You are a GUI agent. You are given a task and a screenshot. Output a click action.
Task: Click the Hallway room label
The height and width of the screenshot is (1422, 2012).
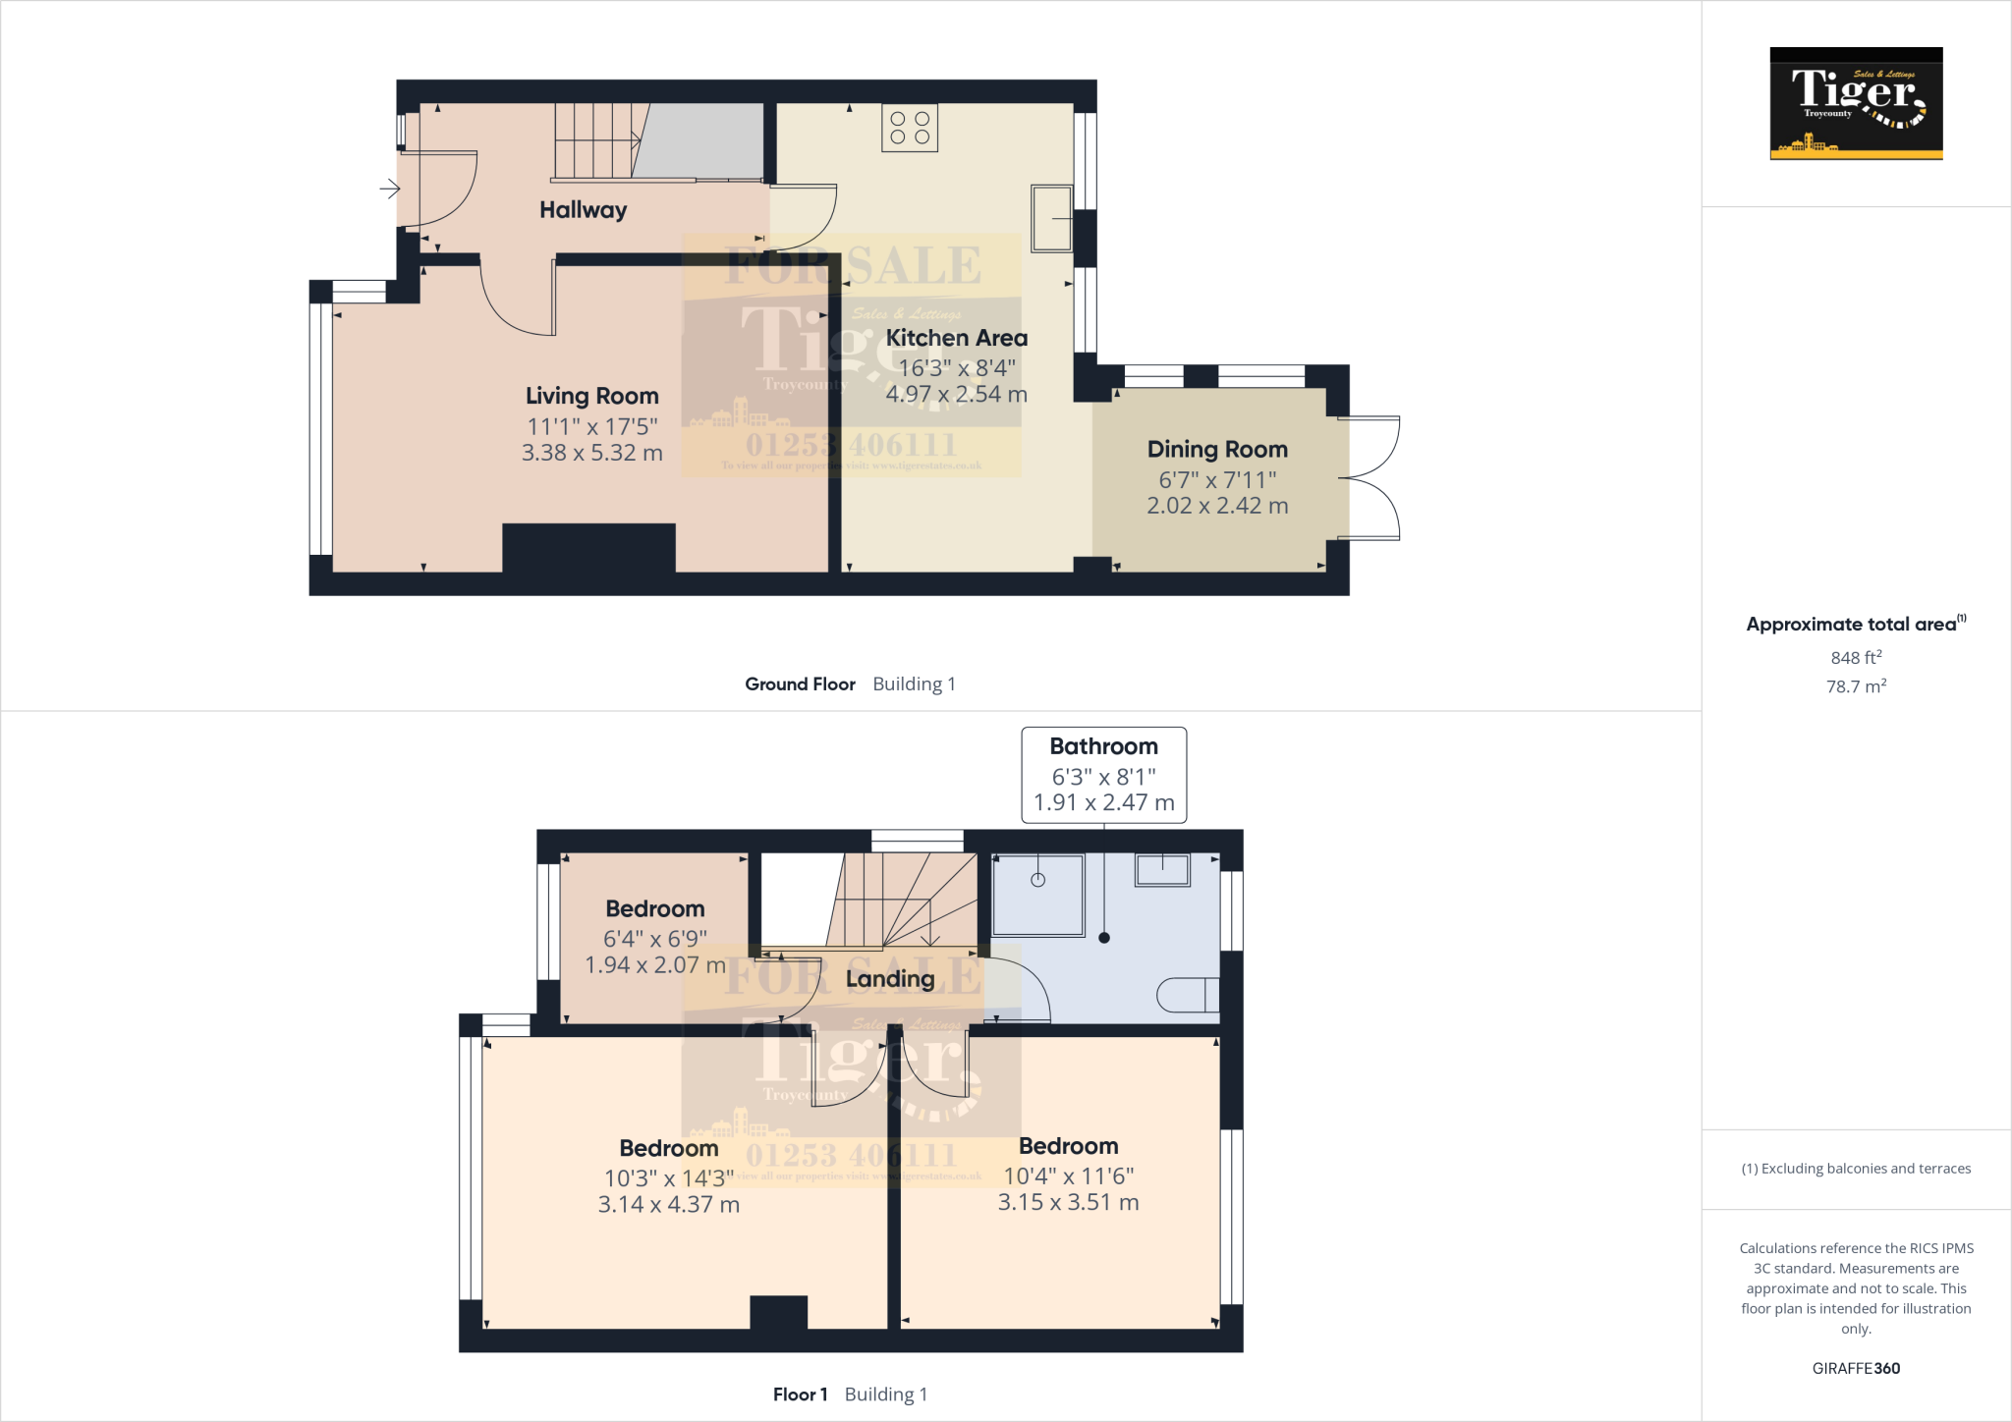pyautogui.click(x=583, y=209)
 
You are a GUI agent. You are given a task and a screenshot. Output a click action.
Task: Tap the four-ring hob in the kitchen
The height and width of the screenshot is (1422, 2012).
pyautogui.click(x=910, y=128)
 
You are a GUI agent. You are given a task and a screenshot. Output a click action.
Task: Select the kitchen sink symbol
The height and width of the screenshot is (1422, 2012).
pyautogui.click(x=1051, y=217)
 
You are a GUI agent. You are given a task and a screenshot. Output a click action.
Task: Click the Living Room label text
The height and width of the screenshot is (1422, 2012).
pyautogui.click(x=591, y=396)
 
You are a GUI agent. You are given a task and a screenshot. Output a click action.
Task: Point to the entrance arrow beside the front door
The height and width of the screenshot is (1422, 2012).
pyautogui.click(x=390, y=188)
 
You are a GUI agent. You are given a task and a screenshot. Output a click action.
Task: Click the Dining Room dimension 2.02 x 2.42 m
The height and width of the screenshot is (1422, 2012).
pyautogui.click(x=1217, y=506)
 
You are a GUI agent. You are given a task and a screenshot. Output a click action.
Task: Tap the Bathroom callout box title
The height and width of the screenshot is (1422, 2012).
pyautogui.click(x=1103, y=746)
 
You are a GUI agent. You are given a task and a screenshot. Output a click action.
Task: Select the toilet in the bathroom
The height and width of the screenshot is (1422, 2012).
pyautogui.click(x=1188, y=995)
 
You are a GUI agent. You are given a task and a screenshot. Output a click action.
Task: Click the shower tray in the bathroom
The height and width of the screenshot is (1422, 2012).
pyautogui.click(x=1037, y=895)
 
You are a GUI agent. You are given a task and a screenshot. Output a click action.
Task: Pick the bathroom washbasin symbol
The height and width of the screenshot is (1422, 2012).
pyautogui.click(x=1162, y=869)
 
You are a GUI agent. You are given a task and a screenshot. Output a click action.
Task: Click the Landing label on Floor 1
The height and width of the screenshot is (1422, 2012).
pyautogui.click(x=890, y=979)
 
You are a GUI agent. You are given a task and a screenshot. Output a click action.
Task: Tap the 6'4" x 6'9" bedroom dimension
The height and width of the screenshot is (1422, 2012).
pyautogui.click(x=654, y=939)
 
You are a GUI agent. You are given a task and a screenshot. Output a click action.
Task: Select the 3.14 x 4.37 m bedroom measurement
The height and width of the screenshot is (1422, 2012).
pyautogui.click(x=668, y=1204)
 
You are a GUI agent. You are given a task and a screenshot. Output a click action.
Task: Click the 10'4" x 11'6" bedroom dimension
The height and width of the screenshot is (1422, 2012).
pyautogui.click(x=1068, y=1176)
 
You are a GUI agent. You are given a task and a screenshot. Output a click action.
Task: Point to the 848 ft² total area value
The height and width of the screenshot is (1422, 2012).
pyautogui.click(x=1855, y=657)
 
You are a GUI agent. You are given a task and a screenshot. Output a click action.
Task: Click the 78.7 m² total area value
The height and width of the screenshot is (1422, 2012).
pyautogui.click(x=1855, y=686)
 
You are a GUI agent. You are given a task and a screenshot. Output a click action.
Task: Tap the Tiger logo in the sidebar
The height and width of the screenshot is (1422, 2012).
pyautogui.click(x=1856, y=103)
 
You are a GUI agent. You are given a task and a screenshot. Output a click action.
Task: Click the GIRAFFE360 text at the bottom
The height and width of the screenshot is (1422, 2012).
pyautogui.click(x=1856, y=1368)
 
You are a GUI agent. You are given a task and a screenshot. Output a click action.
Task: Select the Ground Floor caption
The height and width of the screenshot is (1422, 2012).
pyautogui.click(x=800, y=684)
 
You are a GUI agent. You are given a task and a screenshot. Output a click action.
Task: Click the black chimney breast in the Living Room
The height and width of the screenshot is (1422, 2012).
pyautogui.click(x=588, y=548)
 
